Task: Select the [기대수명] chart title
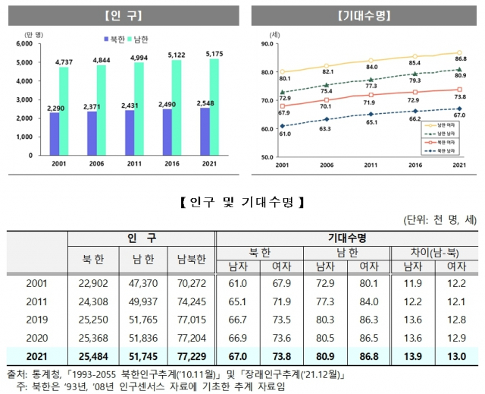[x=363, y=14]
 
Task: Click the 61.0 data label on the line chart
[x=284, y=133]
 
